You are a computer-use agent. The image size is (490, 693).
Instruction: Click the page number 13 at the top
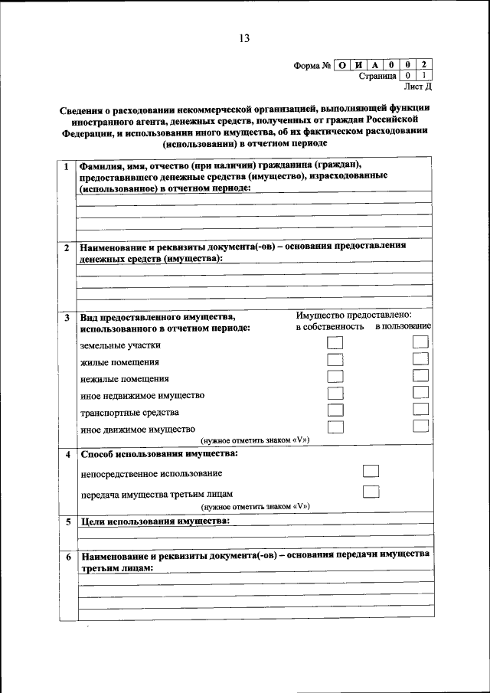pyautogui.click(x=243, y=38)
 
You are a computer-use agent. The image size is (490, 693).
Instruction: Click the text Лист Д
pyautogui.click(x=417, y=88)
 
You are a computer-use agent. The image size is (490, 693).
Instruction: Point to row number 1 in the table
pyautogui.click(x=67, y=166)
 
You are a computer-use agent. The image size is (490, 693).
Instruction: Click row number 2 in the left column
pyautogui.click(x=67, y=248)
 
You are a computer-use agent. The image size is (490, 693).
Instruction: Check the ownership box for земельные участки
pyautogui.click(x=335, y=343)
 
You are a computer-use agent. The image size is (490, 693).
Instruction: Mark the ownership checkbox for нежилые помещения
pyautogui.click(x=335, y=377)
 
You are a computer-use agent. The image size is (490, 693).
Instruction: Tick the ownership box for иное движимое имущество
pyautogui.click(x=335, y=427)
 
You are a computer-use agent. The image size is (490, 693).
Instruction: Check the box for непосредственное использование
pyautogui.click(x=371, y=472)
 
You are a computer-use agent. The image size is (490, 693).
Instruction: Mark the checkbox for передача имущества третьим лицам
pyautogui.click(x=371, y=492)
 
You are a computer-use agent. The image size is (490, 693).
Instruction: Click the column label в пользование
pyautogui.click(x=403, y=328)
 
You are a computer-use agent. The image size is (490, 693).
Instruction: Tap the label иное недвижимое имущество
pyautogui.click(x=142, y=395)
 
